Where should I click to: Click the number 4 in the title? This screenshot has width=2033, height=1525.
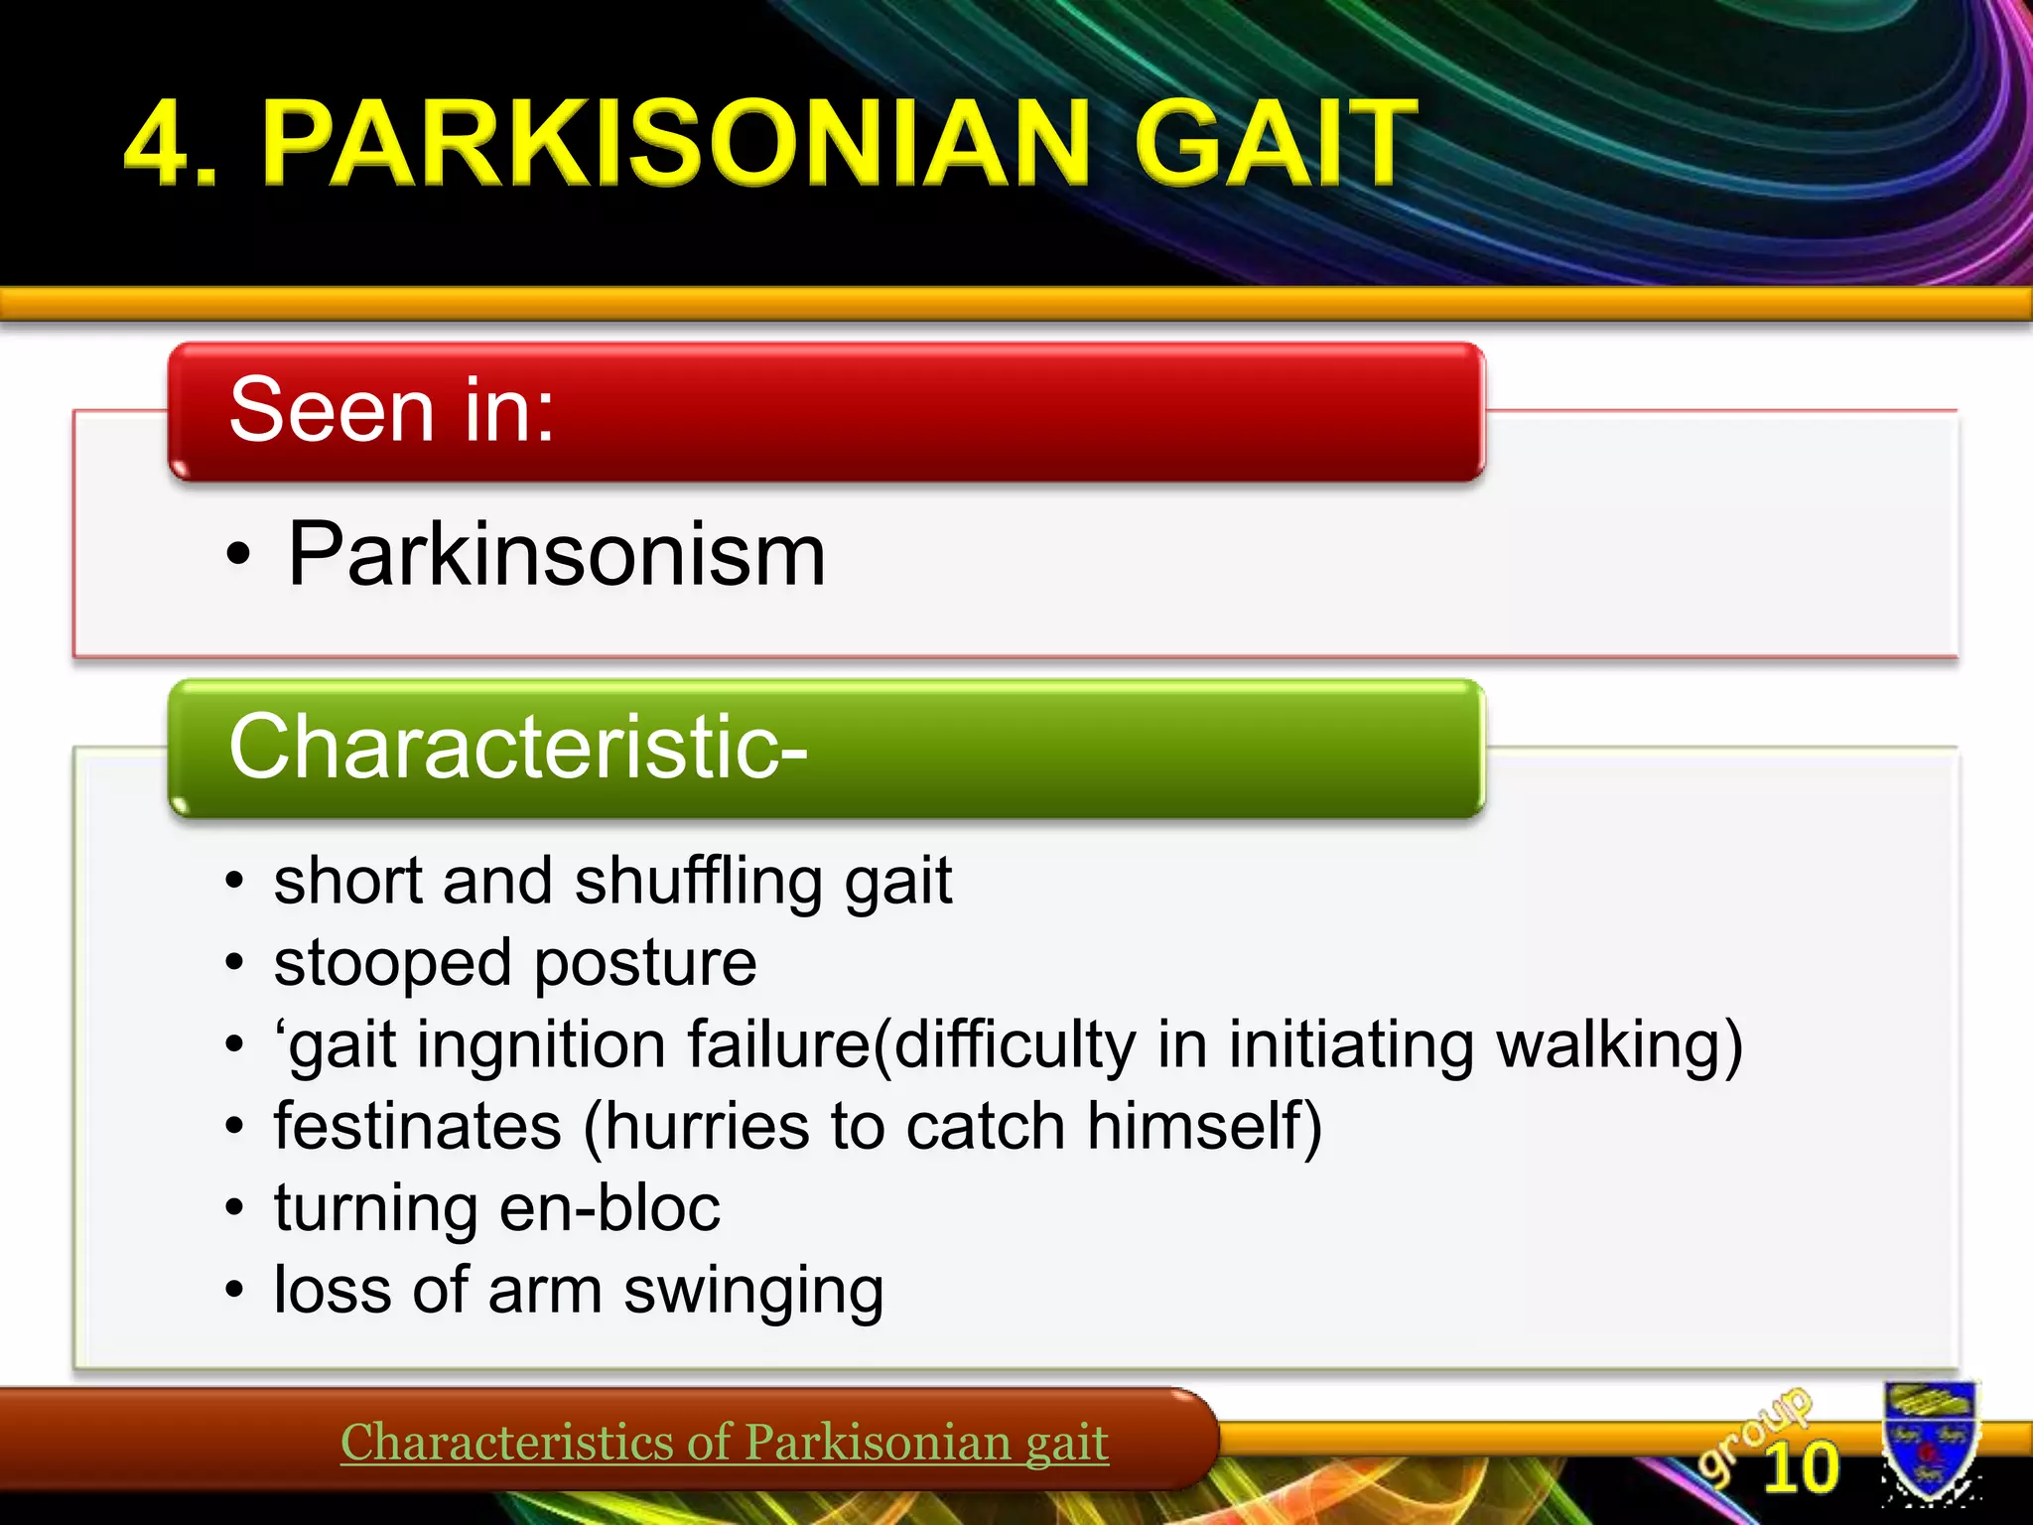point(159,144)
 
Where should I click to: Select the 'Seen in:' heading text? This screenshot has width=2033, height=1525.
point(391,410)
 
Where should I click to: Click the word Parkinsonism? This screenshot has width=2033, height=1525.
point(556,555)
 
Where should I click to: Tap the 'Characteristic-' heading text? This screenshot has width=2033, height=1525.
point(517,747)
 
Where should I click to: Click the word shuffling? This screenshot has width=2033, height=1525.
point(698,882)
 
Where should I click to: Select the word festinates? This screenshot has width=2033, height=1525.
point(417,1127)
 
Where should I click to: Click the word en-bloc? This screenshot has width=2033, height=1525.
point(610,1208)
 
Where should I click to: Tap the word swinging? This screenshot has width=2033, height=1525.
point(753,1292)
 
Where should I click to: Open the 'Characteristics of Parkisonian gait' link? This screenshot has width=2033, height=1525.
point(724,1443)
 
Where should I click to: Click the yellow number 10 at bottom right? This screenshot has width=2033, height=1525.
point(1801,1467)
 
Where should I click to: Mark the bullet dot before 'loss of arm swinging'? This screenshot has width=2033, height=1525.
point(233,1291)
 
